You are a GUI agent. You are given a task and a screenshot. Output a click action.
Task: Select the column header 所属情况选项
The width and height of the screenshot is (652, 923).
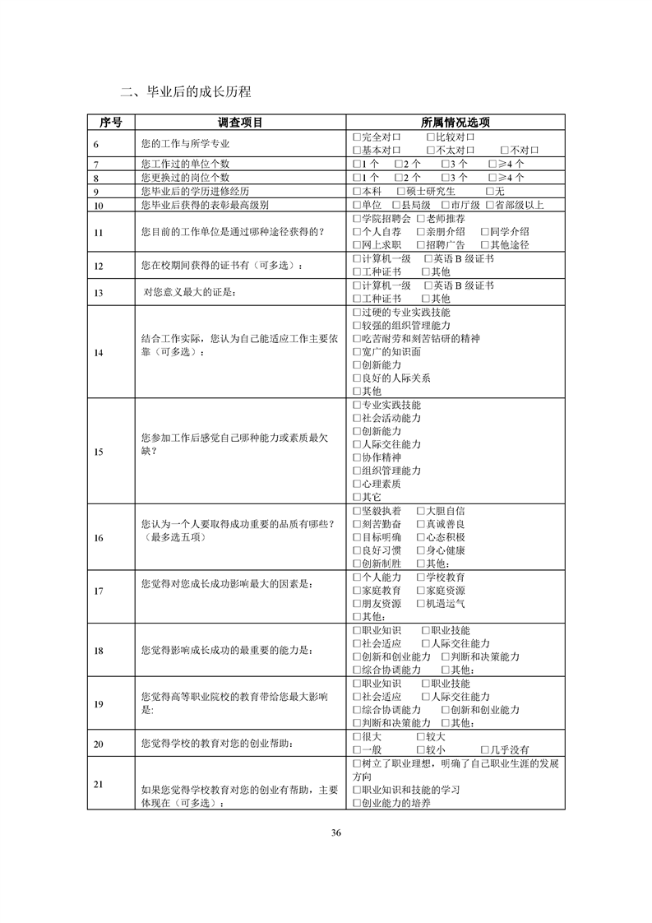pos(455,122)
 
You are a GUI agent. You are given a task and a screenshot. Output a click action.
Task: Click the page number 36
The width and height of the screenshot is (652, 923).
pos(335,833)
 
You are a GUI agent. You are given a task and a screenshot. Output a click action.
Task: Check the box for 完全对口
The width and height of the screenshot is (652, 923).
pos(356,137)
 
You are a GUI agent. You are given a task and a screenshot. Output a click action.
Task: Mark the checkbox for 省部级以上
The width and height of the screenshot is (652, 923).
pos(490,205)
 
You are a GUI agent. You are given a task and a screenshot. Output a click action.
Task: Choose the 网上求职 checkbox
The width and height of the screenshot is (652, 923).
pos(356,245)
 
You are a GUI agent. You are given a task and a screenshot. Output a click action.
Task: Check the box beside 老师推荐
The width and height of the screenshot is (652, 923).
pos(421,219)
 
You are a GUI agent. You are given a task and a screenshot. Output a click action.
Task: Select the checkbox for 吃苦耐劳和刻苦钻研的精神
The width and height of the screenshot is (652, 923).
pos(356,339)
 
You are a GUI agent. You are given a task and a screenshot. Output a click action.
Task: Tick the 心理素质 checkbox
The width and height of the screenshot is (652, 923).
pos(356,484)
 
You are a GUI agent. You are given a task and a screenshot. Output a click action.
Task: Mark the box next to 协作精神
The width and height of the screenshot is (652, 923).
pos(356,457)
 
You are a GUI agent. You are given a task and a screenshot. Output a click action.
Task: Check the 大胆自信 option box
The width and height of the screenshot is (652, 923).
pos(421,511)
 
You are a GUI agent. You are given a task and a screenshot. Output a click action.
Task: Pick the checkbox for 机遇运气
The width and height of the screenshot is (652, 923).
pos(421,603)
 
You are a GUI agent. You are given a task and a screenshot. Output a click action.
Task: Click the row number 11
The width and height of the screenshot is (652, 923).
pos(99,232)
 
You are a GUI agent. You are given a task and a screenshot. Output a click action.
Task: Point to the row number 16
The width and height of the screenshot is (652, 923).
pos(99,537)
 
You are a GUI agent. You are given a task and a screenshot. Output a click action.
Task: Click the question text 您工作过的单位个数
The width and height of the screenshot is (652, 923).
pos(186,164)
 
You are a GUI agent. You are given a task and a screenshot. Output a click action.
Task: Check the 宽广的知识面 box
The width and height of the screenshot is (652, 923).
pos(356,352)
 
